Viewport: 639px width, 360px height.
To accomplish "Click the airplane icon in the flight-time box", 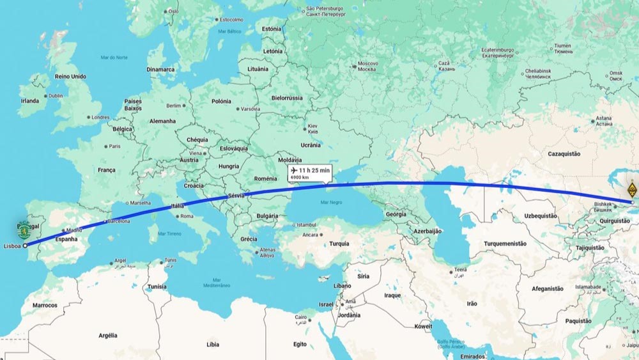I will coord(294,170).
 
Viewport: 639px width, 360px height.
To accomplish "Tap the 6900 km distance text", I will coord(300,177).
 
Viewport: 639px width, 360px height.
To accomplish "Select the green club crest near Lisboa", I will coord(24,228).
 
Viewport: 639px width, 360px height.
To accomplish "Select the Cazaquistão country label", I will coord(564,154).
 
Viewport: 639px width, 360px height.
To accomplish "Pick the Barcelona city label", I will coord(118,221).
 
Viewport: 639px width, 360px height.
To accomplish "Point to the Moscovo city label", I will coord(367,63).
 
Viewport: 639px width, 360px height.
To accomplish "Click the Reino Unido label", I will coord(70,77).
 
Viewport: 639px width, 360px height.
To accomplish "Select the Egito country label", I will coord(300,344).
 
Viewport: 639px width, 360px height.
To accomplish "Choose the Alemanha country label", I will coord(162,121).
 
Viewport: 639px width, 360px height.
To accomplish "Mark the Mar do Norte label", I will coord(114,58).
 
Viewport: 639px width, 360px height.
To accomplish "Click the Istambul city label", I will coord(306,225).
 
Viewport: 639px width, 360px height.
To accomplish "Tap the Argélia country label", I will coord(108,335).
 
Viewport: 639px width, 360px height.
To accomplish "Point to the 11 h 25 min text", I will coord(314,170).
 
